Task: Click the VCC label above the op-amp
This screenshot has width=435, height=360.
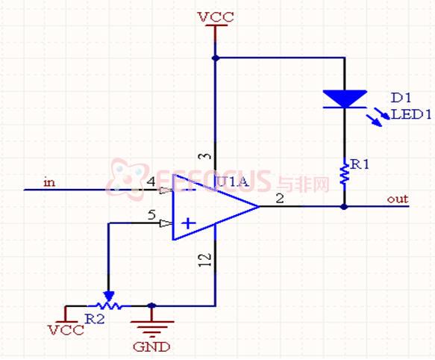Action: (216, 17)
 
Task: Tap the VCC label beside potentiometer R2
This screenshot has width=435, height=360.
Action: (66, 330)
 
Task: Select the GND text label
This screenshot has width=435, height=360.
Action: (151, 347)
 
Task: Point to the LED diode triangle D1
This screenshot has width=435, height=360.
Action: (345, 99)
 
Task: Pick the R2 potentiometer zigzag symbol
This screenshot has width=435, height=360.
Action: (108, 305)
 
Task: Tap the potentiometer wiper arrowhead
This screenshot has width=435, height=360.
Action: (108, 296)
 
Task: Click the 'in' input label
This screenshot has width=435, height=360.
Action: (49, 182)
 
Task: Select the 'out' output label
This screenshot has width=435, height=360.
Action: (398, 199)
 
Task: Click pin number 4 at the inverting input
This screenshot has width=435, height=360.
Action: (151, 181)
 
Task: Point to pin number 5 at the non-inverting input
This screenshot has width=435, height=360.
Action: (151, 214)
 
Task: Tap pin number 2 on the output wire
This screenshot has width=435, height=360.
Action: (280, 199)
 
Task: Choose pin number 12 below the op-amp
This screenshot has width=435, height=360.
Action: (204, 260)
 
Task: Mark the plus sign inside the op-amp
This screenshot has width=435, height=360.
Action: (189, 223)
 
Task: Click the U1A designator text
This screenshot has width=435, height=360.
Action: (232, 182)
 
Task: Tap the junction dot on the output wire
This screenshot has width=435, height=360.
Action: (344, 207)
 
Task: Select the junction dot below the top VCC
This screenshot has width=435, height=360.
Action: (216, 58)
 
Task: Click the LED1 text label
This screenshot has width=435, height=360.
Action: (411, 114)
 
